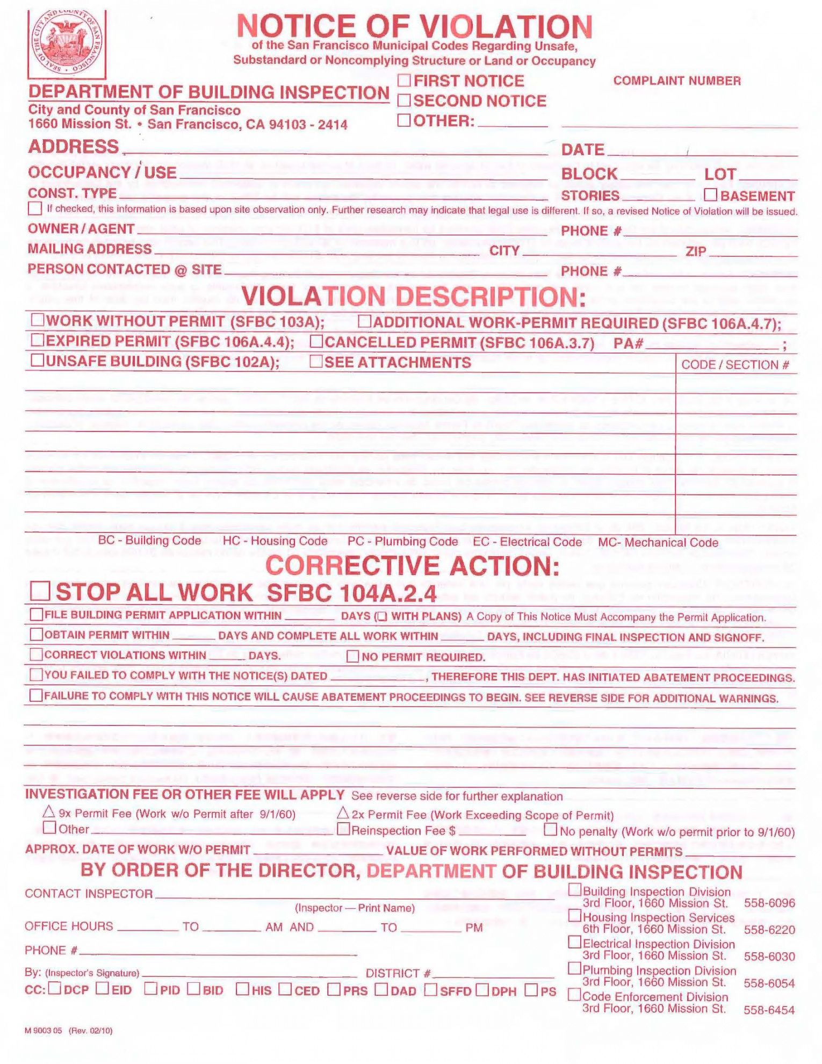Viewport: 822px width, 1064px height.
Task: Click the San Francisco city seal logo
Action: [67, 44]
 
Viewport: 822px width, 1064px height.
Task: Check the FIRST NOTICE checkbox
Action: [404, 81]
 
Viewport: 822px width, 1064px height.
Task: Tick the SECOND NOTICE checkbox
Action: [404, 100]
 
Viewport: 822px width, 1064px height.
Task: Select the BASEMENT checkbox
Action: [710, 195]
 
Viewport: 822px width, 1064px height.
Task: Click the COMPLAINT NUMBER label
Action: [677, 81]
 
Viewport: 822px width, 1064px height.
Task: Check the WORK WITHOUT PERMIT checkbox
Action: [38, 320]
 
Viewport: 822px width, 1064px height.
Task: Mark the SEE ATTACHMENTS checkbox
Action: [316, 361]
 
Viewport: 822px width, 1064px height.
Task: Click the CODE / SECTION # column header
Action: [735, 365]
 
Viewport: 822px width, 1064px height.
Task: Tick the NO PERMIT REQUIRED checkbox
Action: [352, 656]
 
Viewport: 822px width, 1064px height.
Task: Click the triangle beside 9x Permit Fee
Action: [49, 811]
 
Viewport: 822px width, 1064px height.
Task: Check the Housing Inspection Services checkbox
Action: [574, 915]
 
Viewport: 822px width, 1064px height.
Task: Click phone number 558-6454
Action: [769, 1010]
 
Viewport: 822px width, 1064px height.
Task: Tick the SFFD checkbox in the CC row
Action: [430, 989]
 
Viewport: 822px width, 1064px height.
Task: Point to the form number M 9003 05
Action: [44, 1030]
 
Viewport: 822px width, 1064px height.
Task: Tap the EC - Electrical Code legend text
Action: [527, 542]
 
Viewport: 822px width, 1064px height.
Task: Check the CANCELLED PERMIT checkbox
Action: [316, 341]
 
